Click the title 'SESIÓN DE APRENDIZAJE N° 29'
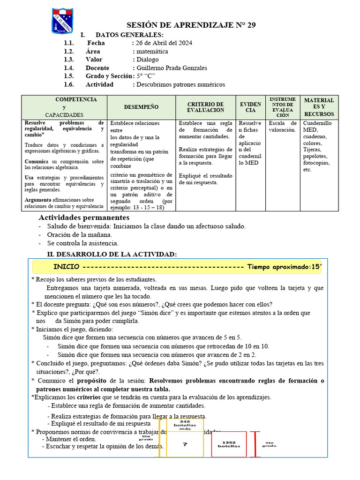pos(192,25)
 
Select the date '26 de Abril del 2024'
pos(164,43)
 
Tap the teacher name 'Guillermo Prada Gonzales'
pos(172,68)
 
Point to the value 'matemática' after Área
pos(152,52)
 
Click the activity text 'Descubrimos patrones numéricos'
pos(180,85)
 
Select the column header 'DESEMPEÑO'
pos(141,107)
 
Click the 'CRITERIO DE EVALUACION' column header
pos(205,107)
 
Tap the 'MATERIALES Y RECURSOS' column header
pos(319,107)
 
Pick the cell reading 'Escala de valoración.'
pos(282,127)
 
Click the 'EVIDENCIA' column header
pos(251,107)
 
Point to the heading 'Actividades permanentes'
pos(84,217)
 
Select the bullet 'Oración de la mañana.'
pos(80,234)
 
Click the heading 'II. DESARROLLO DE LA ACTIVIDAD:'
pos(112,254)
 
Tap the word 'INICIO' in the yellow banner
pos(66,267)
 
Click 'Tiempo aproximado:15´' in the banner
pos(285,267)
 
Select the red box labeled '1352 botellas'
pos(229,444)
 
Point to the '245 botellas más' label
pos(185,425)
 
